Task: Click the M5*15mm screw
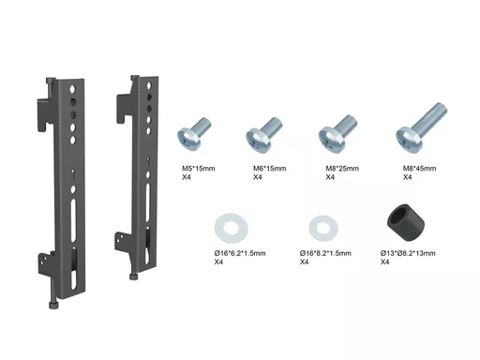point(194,134)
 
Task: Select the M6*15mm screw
point(263,134)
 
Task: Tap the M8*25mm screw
point(337,134)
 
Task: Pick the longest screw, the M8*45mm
point(421,128)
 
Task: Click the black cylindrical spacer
point(406,223)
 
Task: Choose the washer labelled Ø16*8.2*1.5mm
point(323,228)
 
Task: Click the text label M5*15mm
point(199,169)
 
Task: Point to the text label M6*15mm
point(269,169)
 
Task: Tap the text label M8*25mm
point(342,169)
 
